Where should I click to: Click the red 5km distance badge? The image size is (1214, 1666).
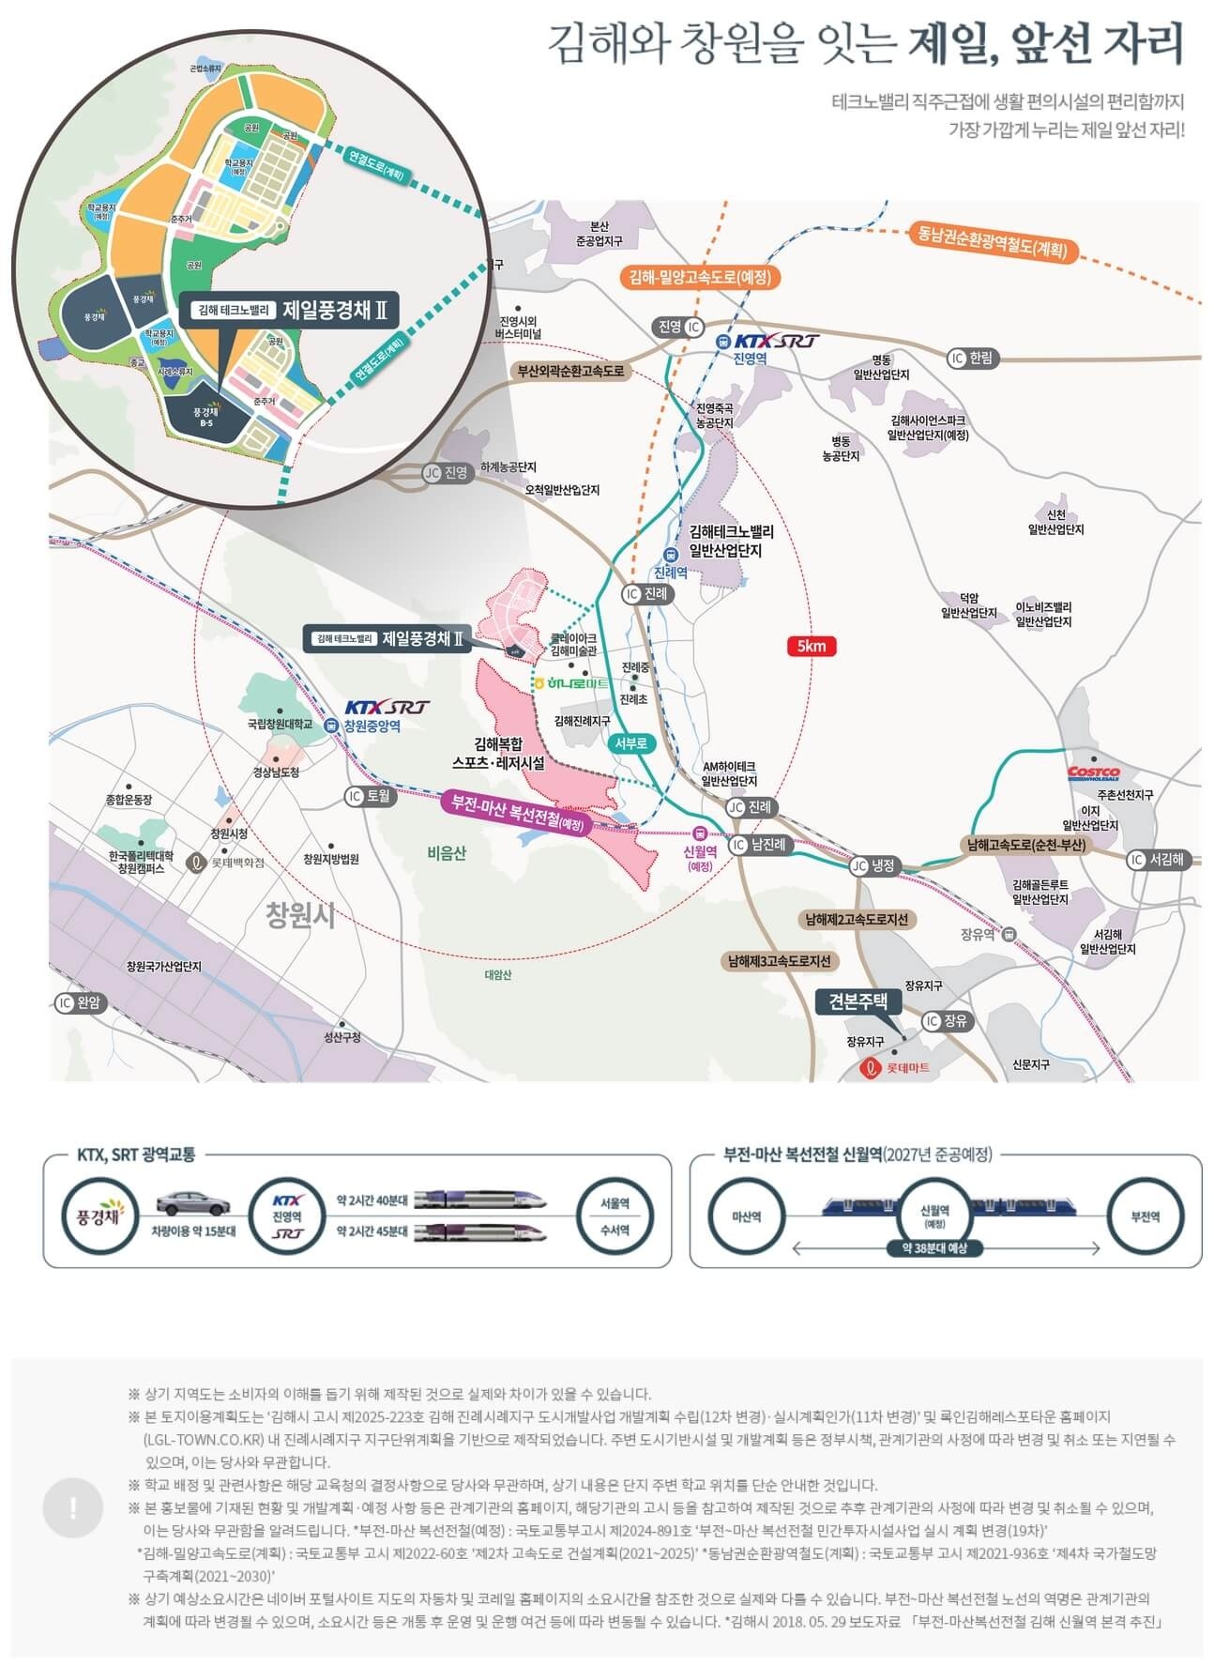(812, 646)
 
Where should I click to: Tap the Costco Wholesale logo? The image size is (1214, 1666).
(1093, 772)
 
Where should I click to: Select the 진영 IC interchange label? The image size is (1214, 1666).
(678, 327)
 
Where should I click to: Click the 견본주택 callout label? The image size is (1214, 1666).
(857, 1001)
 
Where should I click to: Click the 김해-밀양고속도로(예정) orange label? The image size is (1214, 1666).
(701, 278)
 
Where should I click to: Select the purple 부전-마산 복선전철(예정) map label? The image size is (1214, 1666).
(517, 814)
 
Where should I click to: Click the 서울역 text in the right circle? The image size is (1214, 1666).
(615, 1201)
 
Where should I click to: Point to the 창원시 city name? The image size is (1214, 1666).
(299, 915)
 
